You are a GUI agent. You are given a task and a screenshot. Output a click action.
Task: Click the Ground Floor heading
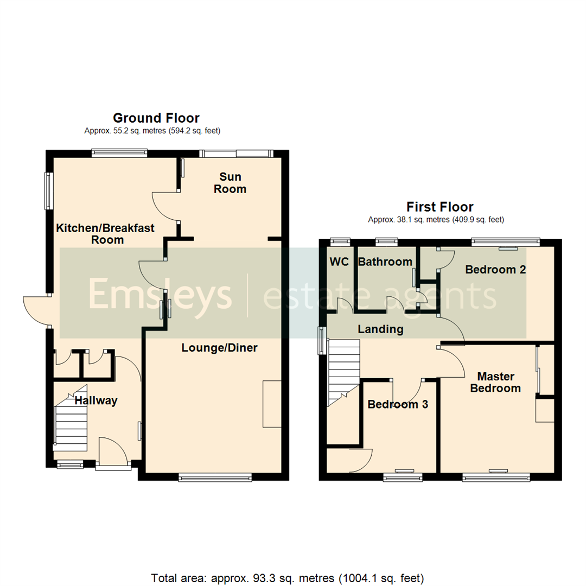click(x=156, y=118)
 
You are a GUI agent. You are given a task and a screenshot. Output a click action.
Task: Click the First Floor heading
click(x=440, y=207)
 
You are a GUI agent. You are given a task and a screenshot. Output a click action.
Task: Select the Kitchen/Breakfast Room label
click(x=106, y=234)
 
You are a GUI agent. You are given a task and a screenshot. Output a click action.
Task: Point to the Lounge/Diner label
click(x=219, y=348)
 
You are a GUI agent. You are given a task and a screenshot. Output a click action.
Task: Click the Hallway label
click(x=96, y=401)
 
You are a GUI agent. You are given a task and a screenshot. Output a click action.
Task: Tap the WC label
click(x=339, y=262)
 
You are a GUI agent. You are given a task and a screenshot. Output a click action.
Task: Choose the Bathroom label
click(x=385, y=262)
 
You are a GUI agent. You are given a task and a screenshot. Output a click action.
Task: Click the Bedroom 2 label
click(x=495, y=269)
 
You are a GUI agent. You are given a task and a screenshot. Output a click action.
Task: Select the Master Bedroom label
click(x=495, y=382)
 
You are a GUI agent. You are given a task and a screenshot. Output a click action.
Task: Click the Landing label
click(x=380, y=329)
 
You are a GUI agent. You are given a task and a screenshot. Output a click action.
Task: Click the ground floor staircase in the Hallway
click(x=71, y=421)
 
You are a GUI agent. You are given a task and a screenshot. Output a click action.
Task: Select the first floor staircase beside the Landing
click(x=343, y=369)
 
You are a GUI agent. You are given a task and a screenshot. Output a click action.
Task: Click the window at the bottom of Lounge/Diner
click(x=215, y=477)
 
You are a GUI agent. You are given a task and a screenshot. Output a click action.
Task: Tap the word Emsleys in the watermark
click(x=160, y=294)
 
